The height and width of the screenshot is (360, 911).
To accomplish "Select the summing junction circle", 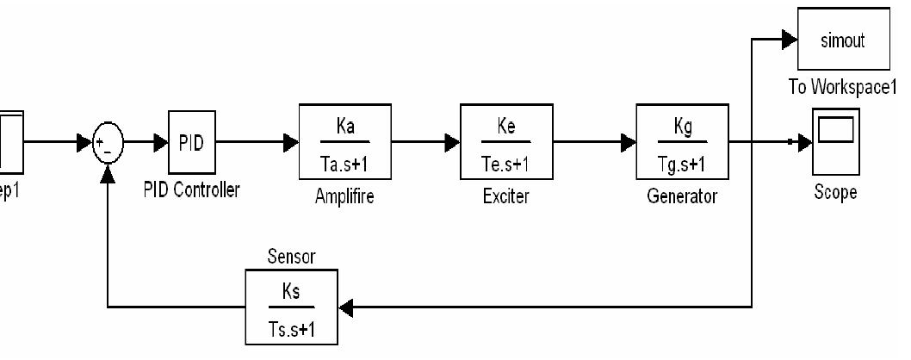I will coord(108,142).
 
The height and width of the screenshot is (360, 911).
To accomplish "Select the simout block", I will coord(846,39).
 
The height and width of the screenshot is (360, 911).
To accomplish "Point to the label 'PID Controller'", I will coord(191,190).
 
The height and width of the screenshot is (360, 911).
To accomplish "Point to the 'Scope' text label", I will coord(834,191).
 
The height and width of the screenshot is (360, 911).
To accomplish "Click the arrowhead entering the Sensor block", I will coord(347,306).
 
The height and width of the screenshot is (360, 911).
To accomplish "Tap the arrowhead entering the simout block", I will coord(791,38).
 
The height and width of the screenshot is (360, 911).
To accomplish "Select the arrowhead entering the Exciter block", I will coord(452,142).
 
